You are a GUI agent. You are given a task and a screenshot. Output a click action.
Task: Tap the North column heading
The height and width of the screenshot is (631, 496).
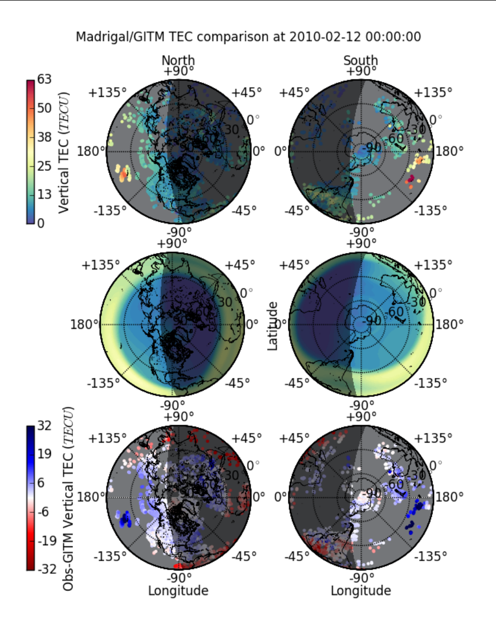coord(178,60)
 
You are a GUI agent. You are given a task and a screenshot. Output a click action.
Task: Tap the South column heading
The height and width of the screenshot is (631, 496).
coord(360,60)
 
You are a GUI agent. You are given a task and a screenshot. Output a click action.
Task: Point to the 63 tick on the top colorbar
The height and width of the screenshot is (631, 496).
coord(43,80)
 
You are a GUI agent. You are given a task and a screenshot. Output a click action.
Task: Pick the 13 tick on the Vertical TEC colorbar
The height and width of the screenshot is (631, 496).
coord(43,195)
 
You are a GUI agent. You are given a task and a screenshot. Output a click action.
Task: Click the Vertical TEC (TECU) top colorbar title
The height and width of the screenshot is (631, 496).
coord(65,152)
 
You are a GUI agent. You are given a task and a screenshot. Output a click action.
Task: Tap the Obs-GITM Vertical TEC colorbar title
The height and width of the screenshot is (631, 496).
coord(68,499)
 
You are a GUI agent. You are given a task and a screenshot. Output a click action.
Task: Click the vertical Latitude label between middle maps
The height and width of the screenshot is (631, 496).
coord(273,326)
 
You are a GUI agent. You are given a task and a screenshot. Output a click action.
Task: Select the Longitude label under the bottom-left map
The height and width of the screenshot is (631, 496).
coord(178,590)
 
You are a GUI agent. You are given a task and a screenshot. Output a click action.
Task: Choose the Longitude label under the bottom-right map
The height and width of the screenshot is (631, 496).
coord(361,590)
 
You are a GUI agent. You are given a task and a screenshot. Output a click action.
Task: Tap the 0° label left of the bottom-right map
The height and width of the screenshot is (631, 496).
coord(280,498)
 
